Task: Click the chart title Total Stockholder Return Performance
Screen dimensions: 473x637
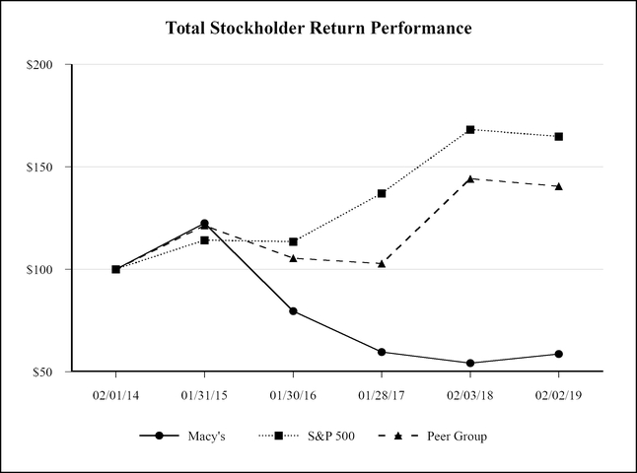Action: (x=318, y=28)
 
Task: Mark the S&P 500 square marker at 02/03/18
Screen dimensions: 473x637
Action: (x=470, y=130)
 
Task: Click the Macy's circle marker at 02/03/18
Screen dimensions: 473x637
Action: (x=470, y=363)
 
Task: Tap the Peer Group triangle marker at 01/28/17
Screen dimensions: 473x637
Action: (x=382, y=263)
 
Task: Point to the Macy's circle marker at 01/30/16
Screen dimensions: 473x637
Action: (x=293, y=310)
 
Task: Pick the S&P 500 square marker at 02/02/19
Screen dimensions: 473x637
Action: (x=558, y=137)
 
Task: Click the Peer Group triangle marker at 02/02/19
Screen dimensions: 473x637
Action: (x=558, y=185)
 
